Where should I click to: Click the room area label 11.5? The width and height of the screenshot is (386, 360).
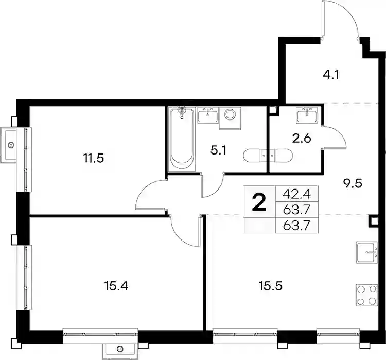point(94,159)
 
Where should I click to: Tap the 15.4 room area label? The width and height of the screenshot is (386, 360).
point(116,286)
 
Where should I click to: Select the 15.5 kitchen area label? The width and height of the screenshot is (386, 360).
point(270,286)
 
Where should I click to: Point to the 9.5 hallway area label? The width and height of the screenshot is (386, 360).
point(353,183)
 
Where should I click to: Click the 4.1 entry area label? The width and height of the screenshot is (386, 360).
point(331,74)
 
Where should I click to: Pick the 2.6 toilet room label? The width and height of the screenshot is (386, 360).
point(302,139)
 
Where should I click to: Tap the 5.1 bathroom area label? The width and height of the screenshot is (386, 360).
point(218,150)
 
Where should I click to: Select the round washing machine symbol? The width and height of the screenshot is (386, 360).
point(230,114)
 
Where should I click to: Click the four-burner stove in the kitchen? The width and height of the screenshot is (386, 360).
point(367,296)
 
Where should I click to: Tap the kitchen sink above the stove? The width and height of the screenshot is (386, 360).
point(367,252)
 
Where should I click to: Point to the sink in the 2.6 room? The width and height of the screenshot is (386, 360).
point(307,114)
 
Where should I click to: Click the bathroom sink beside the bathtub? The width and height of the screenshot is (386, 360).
point(208,115)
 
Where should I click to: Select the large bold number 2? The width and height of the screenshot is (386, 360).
point(259,202)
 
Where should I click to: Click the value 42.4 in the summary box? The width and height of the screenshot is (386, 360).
point(296,194)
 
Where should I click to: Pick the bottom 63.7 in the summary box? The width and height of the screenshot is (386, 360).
point(296,225)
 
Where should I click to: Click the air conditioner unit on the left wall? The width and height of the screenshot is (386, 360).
point(9,145)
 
